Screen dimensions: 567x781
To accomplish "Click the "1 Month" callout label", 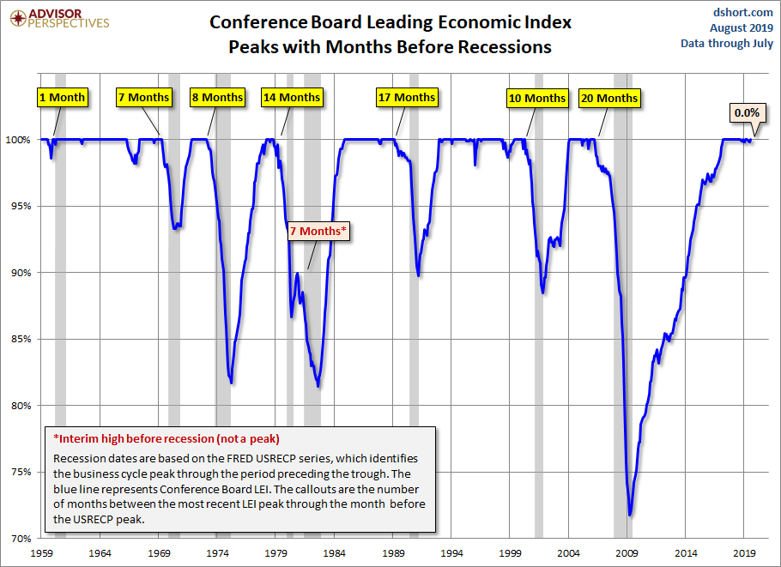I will tap(63, 97).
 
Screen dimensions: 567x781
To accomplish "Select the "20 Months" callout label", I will tap(608, 98).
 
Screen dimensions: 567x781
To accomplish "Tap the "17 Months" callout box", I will tap(407, 97).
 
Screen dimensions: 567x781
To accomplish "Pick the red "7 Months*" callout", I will tap(320, 232).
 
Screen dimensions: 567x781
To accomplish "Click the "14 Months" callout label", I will tap(291, 97).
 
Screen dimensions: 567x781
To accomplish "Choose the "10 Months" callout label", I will tap(537, 98).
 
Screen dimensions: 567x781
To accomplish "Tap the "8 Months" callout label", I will tap(217, 97).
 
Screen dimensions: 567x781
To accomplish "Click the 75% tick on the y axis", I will tap(20, 472).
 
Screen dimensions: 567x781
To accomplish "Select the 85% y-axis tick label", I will tap(20, 339).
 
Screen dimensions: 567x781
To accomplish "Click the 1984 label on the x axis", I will tap(335, 553).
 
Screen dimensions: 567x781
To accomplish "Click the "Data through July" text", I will tap(727, 43).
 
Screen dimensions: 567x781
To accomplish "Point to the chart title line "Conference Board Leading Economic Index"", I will tap(390, 22).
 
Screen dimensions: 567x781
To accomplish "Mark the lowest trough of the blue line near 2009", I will tap(630, 515).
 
